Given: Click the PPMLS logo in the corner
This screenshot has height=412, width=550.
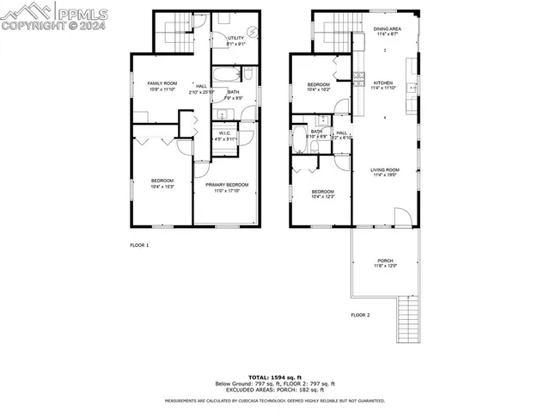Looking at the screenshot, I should click(52, 15).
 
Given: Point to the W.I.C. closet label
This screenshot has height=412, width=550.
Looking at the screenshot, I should click(224, 132).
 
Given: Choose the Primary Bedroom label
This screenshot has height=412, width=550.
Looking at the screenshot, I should click(227, 184).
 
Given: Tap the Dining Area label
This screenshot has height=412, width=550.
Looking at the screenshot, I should click(387, 28).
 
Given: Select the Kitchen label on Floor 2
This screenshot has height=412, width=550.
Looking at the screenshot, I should click(382, 83).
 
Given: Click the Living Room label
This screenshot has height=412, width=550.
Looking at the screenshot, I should click(384, 169).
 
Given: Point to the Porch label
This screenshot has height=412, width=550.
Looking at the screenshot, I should click(386, 261).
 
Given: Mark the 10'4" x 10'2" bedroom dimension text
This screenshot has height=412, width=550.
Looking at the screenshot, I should click(319, 89).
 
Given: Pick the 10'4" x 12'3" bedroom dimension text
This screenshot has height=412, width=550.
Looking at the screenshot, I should click(322, 197).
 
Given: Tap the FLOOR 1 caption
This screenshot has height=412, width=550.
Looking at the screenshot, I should click(139, 246).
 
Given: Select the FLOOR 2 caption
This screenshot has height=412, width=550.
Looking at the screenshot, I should click(360, 316).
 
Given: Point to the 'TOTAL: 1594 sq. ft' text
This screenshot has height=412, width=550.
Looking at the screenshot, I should click(274, 377).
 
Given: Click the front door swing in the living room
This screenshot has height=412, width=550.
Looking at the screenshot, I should click(401, 216).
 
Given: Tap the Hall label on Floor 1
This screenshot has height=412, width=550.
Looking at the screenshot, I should click(201, 86).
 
